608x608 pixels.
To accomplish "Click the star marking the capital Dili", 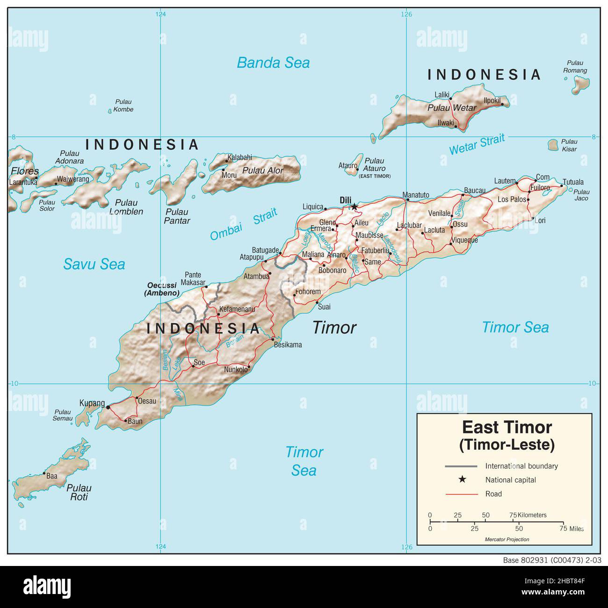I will tap(355, 206).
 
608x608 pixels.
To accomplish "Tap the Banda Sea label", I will tap(273, 63).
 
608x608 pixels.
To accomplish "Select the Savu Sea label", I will tap(94, 264).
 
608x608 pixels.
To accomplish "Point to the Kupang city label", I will tap(92, 403).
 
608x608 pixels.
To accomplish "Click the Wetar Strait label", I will tap(477, 144).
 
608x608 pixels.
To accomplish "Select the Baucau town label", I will tap(474, 191).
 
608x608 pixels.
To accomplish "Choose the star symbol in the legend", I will tap(462, 479).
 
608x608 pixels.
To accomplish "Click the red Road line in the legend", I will tap(461, 494).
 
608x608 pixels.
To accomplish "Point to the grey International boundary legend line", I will tap(461, 466).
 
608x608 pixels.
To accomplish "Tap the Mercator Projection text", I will tap(507, 539).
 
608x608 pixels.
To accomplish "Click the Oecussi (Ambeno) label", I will tap(162, 289).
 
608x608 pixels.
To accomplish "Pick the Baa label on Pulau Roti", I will tap(51, 476).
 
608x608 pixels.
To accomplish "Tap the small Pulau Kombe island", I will tap(110, 111).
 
